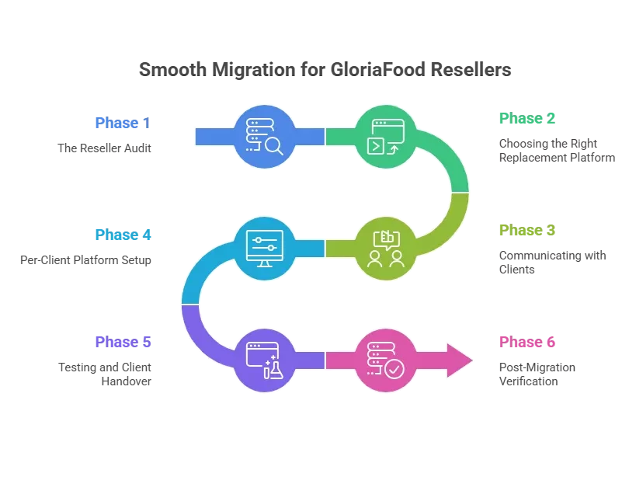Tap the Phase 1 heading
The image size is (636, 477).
tap(123, 123)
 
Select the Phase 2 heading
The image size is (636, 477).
tap(527, 118)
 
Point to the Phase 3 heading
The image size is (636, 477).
tap(527, 230)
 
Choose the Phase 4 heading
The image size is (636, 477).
tap(123, 235)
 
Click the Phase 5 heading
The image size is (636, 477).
tap(123, 342)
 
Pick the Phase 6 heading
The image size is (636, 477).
tap(527, 342)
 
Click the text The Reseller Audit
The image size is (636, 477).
tap(104, 148)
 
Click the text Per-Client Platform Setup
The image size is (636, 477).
tap(85, 260)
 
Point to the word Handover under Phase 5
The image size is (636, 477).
tap(126, 381)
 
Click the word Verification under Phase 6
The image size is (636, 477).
tap(529, 381)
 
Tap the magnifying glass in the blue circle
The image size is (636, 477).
tap(274, 146)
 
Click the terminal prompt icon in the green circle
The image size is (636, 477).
tap(376, 146)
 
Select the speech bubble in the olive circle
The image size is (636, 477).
tap(387, 240)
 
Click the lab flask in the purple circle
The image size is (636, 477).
tap(276, 371)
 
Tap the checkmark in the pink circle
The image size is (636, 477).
tap(394, 370)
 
